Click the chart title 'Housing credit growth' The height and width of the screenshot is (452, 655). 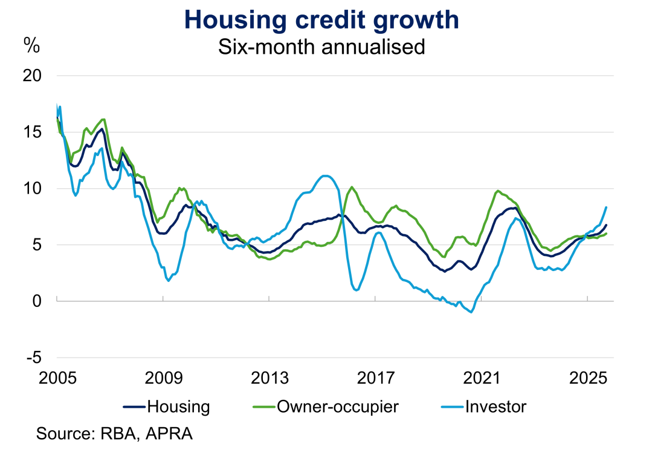click(x=321, y=19)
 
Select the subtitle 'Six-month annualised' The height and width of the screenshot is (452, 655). click(x=321, y=47)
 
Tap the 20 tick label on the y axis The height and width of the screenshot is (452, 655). click(x=34, y=76)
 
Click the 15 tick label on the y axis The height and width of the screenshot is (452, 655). click(x=34, y=133)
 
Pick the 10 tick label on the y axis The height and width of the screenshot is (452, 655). click(x=34, y=189)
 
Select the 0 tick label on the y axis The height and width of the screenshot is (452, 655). click(x=38, y=301)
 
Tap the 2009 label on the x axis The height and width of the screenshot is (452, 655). click(x=163, y=379)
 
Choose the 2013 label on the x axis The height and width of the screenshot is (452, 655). click(x=269, y=379)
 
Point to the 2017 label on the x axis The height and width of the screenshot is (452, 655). click(x=376, y=379)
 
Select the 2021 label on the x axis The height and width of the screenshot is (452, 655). click(x=482, y=379)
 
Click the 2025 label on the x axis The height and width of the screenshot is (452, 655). click(x=588, y=379)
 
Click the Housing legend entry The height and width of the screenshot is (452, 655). click(x=166, y=407)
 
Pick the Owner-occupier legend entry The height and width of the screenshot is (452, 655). click(x=326, y=407)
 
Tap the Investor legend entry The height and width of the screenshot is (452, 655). click(x=483, y=407)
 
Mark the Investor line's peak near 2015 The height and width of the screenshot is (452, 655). click(x=326, y=176)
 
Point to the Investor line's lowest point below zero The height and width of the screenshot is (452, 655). click(x=471, y=312)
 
